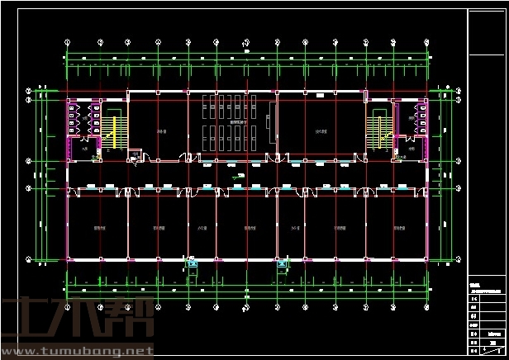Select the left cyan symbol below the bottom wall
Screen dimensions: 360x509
193,264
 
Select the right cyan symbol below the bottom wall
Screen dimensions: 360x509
283,265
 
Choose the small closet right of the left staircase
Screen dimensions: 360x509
134,154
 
